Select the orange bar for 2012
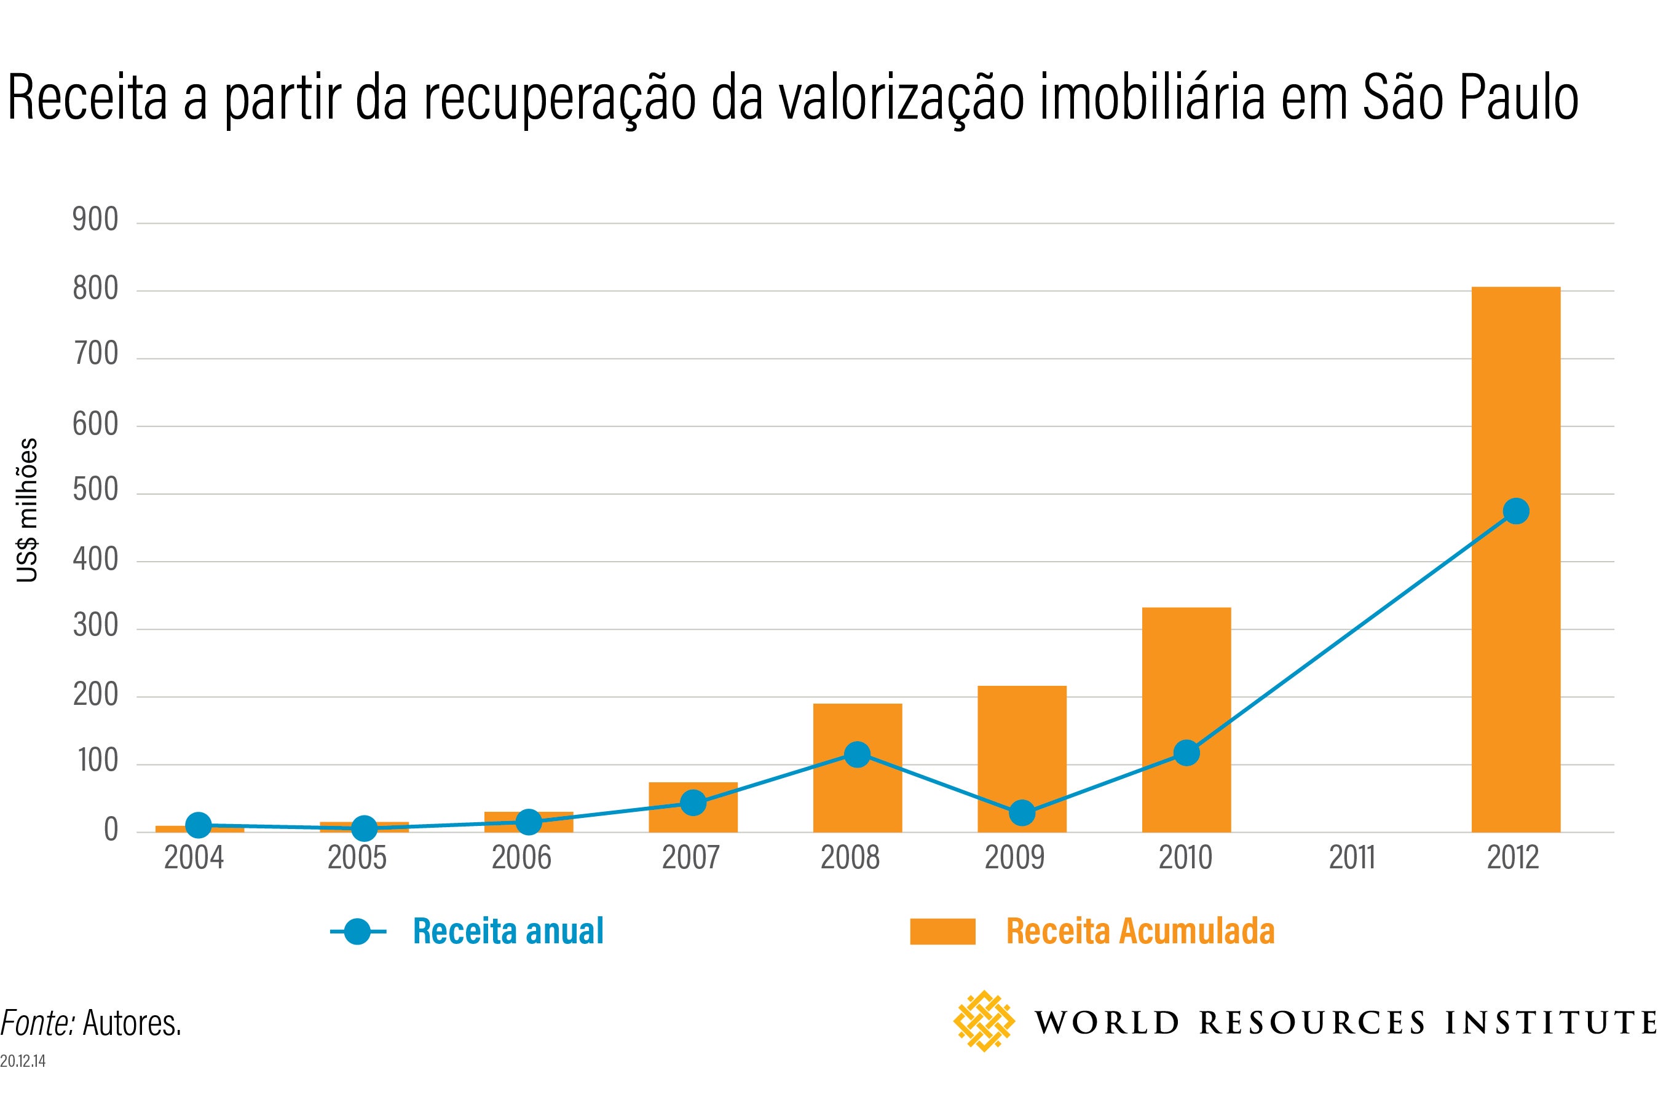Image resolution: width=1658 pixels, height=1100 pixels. point(1515,559)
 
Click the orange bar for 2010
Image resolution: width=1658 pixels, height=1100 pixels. point(1186,720)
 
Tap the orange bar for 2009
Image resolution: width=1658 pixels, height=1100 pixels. point(1022,759)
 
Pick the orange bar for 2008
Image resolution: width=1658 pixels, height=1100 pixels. point(858,768)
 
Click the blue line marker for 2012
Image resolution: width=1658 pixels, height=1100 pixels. point(1515,511)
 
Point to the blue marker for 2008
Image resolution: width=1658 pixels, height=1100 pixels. point(858,755)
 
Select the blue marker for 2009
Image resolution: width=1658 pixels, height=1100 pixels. point(1022,813)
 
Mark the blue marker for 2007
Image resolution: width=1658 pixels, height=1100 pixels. point(693,803)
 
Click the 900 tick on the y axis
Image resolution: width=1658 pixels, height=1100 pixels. point(95,220)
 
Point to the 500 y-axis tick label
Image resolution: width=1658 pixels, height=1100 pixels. point(95,491)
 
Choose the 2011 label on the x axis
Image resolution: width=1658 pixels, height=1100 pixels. point(1351,857)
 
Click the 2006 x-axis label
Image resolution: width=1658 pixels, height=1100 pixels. point(521,857)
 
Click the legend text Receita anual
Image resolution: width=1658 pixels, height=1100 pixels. point(508,932)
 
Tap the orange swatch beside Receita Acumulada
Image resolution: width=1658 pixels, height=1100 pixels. point(942,932)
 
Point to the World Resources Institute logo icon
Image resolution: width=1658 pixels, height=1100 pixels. point(984,1021)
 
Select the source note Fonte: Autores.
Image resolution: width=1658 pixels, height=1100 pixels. point(91,1024)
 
